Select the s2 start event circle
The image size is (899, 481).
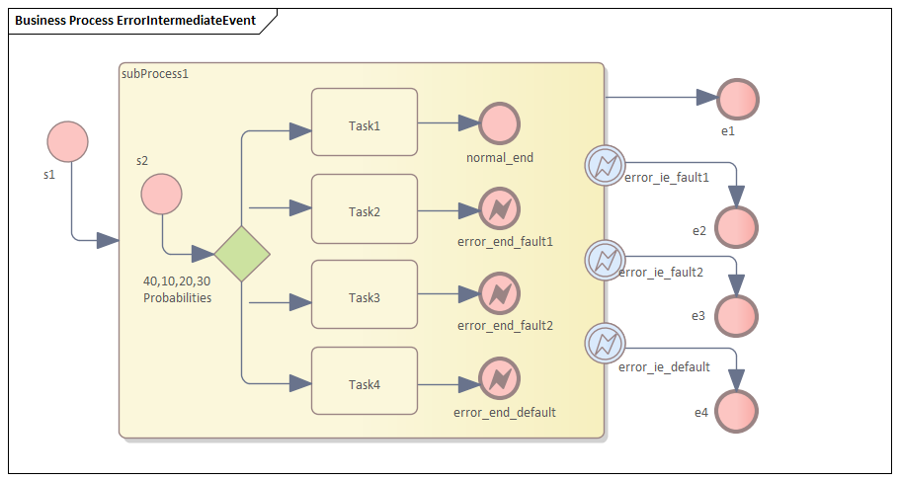pos(161,195)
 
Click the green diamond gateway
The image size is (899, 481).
pos(243,253)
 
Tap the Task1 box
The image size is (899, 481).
pos(365,122)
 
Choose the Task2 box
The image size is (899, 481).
pos(365,208)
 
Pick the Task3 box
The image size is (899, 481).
pos(365,294)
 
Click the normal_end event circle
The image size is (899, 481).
pos(500,123)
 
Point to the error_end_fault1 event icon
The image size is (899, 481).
pos(500,208)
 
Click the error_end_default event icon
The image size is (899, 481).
pos(500,379)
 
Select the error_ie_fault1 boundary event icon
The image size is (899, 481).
pos(604,164)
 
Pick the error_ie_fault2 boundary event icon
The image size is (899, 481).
pos(604,260)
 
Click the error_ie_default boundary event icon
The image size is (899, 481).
pos(604,344)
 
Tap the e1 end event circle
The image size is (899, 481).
pos(738,99)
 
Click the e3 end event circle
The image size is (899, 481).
pos(738,315)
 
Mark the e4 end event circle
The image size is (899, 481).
pos(738,411)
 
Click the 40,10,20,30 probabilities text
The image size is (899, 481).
pos(177,288)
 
